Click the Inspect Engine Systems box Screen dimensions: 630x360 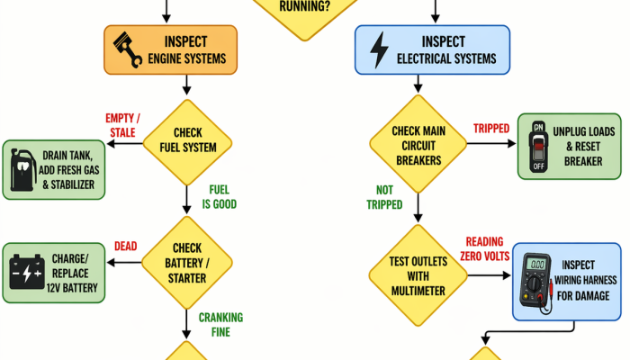point(170,49)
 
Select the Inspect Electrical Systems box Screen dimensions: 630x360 point(432,49)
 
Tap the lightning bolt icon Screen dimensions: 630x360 point(379,49)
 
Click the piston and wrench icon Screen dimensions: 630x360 point(128,49)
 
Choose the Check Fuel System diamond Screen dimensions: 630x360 point(187,142)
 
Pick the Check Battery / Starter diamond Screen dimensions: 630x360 point(187,263)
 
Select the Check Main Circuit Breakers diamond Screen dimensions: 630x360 point(418,144)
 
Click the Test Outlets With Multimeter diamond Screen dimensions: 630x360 point(418,275)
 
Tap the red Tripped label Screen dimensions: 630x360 point(491,129)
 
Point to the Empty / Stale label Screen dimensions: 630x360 point(122,125)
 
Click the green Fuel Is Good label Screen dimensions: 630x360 point(219,197)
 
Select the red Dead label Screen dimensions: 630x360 point(126,246)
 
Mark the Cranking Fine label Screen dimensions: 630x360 point(220,325)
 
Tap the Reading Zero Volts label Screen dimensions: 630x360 point(484,248)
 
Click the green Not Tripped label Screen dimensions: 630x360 point(384,197)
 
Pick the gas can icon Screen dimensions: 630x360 point(22,170)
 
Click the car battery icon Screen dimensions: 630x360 point(27,272)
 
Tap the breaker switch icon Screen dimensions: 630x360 point(539,147)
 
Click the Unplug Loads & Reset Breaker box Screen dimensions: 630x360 point(570,146)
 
